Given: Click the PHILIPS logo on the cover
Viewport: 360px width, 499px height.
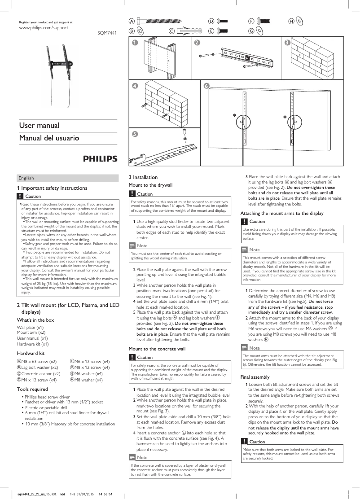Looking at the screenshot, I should (x=100, y=159).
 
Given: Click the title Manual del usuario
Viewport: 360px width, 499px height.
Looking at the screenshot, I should (x=49, y=138).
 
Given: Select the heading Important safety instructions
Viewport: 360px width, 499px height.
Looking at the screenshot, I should (x=52, y=188).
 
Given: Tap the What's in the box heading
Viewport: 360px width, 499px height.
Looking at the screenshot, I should (x=35, y=320).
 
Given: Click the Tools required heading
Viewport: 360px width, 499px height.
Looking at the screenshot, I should (x=32, y=389).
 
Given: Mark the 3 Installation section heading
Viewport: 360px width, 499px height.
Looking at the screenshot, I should (x=143, y=177).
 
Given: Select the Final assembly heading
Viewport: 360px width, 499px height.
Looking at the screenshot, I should (x=255, y=377).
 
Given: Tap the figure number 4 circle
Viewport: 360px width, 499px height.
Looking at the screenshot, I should (x=135, y=86).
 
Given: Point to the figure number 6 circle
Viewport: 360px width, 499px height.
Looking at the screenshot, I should (x=206, y=86).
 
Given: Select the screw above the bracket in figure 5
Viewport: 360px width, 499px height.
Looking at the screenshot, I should (x=184, y=133).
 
